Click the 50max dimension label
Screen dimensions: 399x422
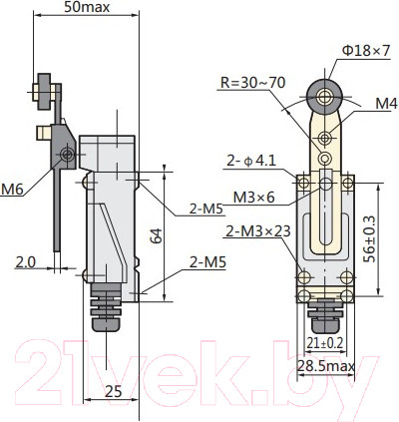click(x=87, y=7)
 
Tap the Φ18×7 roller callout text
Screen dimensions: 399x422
click(x=366, y=51)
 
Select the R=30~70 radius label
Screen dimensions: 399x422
click(x=253, y=83)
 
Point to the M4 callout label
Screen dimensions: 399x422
click(x=387, y=104)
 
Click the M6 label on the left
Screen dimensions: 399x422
click(x=12, y=190)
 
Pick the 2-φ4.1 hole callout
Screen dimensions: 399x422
click(x=251, y=161)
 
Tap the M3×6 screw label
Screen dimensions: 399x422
click(x=253, y=198)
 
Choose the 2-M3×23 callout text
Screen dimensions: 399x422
click(x=258, y=231)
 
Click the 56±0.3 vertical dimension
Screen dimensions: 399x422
click(x=369, y=238)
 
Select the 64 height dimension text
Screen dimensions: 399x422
click(x=157, y=235)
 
